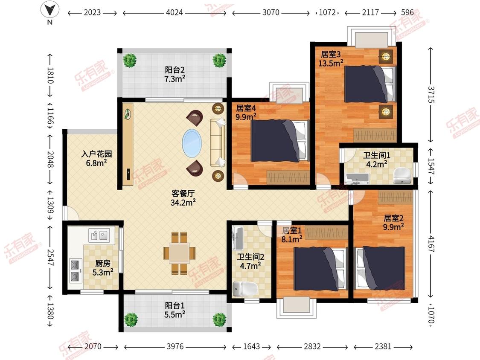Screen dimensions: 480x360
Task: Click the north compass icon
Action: click(x=49, y=9)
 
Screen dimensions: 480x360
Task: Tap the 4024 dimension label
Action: click(x=174, y=12)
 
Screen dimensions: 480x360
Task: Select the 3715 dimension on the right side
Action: click(x=431, y=95)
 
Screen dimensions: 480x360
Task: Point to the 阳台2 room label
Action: click(x=175, y=70)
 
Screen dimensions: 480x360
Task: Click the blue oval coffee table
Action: click(x=192, y=143)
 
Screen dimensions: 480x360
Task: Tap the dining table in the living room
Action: click(x=179, y=253)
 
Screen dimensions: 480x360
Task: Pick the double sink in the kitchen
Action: click(x=99, y=235)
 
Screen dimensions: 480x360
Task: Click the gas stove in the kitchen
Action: click(x=76, y=270)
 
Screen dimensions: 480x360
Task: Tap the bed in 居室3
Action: click(x=370, y=84)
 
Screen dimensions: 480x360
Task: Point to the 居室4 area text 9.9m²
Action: click(x=246, y=117)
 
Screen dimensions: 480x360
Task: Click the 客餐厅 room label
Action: click(x=183, y=194)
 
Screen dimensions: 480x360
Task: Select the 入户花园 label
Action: click(x=96, y=154)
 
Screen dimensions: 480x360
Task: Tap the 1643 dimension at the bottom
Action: click(x=251, y=346)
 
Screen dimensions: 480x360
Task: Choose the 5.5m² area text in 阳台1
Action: click(x=175, y=314)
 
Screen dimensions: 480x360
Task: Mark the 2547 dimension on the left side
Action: click(x=50, y=258)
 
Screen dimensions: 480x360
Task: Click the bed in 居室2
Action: click(x=381, y=268)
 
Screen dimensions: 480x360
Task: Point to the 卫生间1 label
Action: click(x=377, y=155)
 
